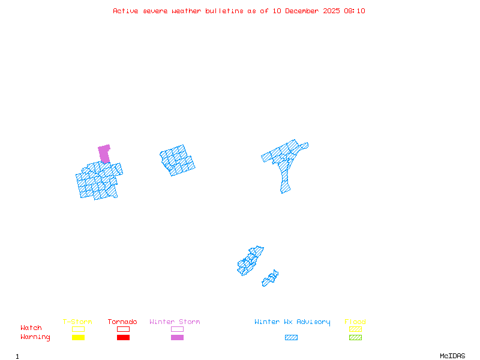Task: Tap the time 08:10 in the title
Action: point(354,11)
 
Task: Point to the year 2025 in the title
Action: point(332,11)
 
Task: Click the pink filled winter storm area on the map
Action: point(104,153)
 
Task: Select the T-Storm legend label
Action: point(77,322)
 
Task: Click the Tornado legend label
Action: point(122,322)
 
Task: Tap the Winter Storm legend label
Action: point(175,322)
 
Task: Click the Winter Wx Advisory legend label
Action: point(292,322)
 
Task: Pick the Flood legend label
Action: point(355,322)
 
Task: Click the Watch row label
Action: point(31,328)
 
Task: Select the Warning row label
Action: point(35,337)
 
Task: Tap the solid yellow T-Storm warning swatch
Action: point(78,338)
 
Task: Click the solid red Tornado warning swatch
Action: point(123,338)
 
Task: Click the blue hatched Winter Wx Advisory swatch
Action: point(291,338)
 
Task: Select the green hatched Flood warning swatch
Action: point(355,338)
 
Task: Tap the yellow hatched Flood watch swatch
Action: point(355,329)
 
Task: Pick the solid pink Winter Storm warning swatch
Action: point(177,338)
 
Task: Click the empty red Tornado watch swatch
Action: point(123,329)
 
